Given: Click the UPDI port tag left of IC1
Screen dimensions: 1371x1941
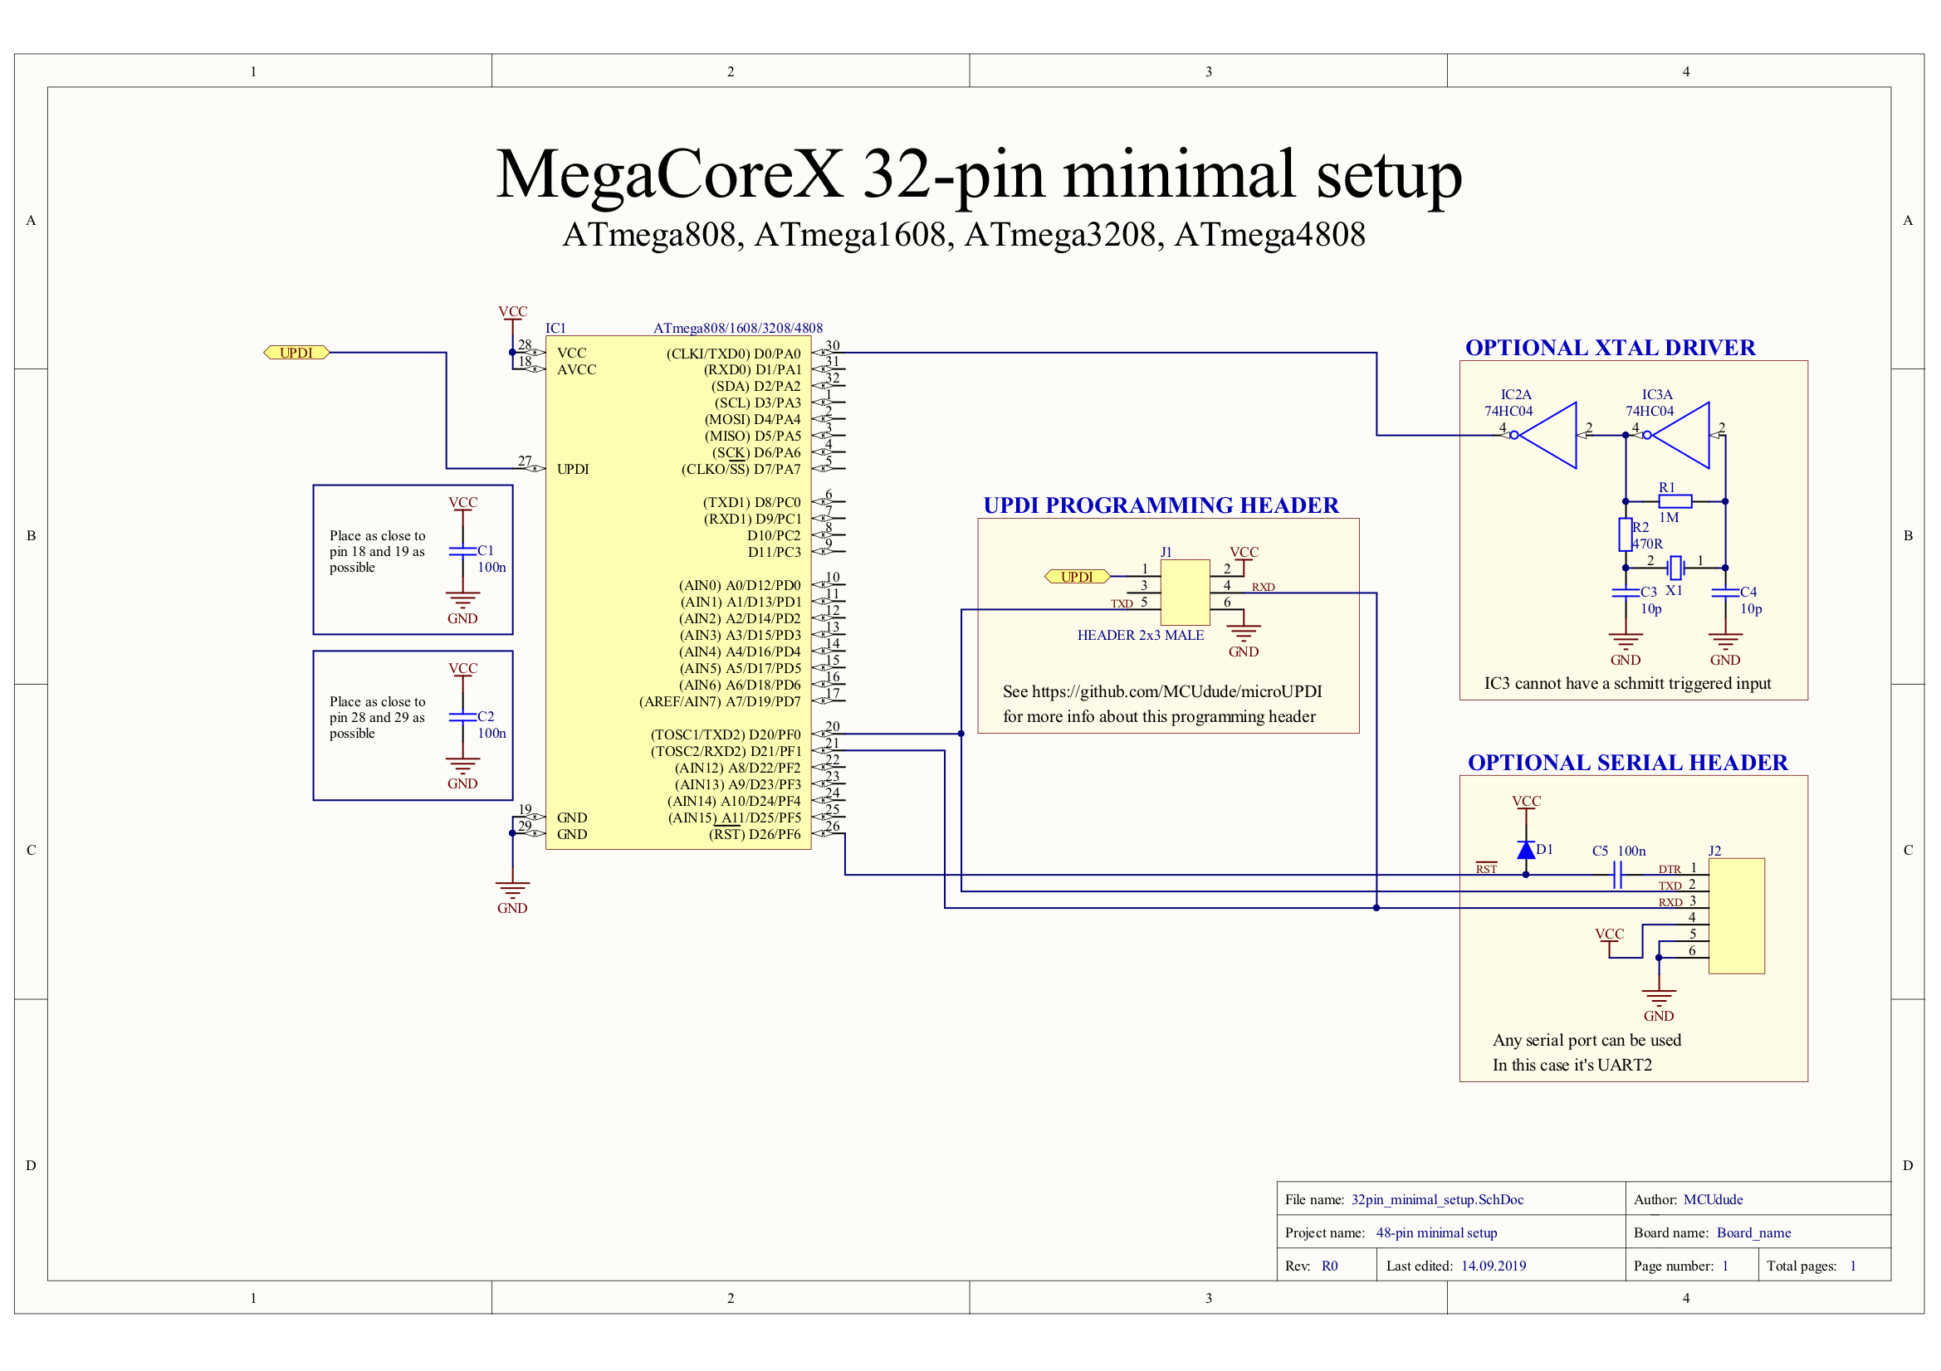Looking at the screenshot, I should (296, 353).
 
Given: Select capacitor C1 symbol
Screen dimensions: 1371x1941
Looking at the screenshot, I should (462, 551).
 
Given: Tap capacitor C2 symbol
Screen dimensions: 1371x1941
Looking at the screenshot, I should (462, 717).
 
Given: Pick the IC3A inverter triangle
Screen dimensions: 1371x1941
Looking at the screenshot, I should (1683, 436).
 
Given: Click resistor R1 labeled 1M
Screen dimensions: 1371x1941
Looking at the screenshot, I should (1675, 501).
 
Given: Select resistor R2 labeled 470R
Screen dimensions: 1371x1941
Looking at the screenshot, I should (1625, 534).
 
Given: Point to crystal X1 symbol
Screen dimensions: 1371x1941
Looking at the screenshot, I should (1675, 568).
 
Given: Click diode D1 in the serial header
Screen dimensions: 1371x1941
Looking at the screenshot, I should (1526, 851).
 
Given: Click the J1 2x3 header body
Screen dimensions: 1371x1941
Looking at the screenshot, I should (1186, 593).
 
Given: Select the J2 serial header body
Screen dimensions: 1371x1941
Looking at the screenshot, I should (1737, 916).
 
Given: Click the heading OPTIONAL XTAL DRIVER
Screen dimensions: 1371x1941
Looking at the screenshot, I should (1610, 348).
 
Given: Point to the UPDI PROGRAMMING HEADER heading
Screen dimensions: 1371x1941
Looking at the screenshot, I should (1161, 505).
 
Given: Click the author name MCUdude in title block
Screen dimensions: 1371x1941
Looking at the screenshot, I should (1713, 1199).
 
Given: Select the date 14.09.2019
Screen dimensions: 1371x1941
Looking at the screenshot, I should (1493, 1266).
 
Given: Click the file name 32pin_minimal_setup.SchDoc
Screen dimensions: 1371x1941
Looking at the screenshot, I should (1437, 1199).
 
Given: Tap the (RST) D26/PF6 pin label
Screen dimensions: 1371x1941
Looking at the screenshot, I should (754, 834).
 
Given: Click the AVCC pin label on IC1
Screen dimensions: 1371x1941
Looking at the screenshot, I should (576, 369).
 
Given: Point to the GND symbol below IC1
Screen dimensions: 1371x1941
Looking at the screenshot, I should (512, 892).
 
